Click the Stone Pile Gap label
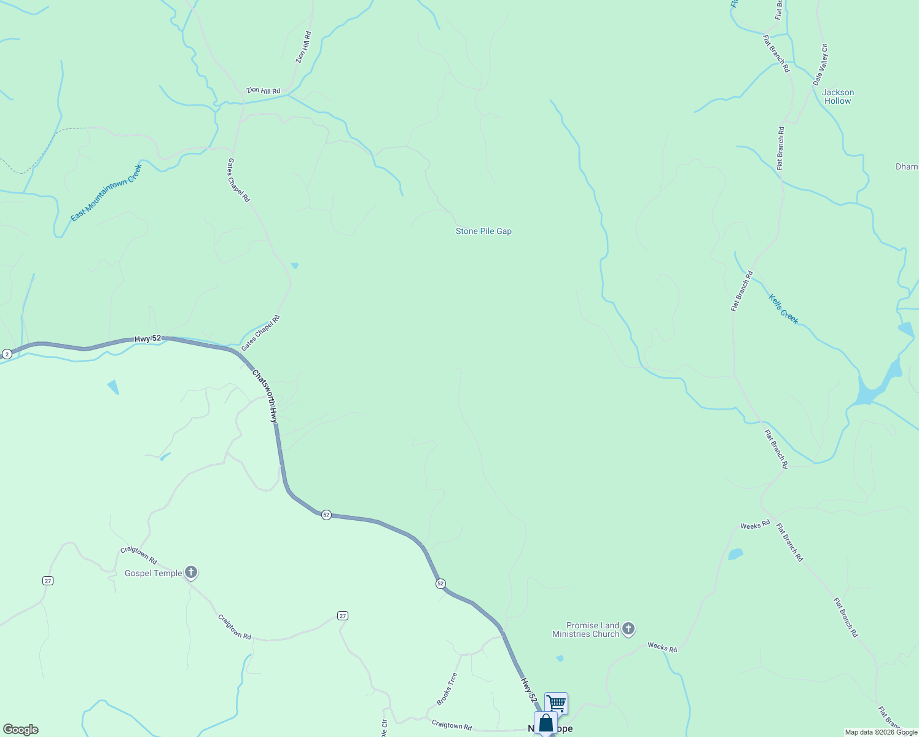[483, 231]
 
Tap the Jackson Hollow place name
[838, 96]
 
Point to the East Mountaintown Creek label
[106, 192]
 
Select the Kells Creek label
[784, 309]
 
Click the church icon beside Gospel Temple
[191, 573]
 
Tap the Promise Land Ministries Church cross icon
[628, 628]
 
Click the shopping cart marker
[556, 702]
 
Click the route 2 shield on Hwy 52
[7, 354]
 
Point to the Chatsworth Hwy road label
[265, 396]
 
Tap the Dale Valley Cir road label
[821, 64]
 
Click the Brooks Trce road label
[447, 688]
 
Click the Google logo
[21, 730]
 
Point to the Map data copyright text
[881, 732]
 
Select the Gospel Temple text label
[154, 573]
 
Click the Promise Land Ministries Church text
[585, 630]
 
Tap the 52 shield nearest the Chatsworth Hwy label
[326, 515]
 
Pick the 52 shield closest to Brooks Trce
[440, 583]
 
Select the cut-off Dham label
[907, 166]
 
